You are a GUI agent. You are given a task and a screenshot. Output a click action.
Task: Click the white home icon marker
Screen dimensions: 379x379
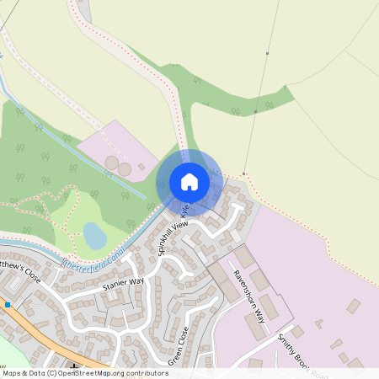(189, 181)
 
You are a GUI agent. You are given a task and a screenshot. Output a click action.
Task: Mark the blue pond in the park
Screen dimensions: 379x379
(95, 236)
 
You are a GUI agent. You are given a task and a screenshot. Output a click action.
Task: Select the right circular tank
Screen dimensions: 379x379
(125, 170)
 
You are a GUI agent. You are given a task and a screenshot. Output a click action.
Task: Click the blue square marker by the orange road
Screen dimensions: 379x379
(8, 304)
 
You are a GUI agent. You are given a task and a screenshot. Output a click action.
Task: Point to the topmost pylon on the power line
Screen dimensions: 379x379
(268, 54)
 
